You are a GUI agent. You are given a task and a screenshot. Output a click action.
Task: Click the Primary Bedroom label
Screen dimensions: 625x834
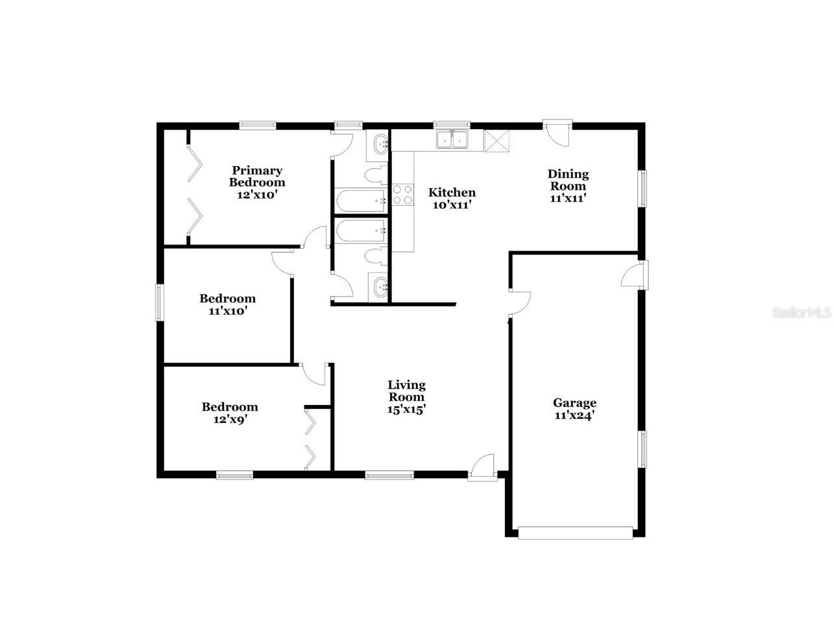coord(257,177)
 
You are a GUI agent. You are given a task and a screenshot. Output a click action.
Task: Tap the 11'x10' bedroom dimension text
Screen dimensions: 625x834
coord(227,310)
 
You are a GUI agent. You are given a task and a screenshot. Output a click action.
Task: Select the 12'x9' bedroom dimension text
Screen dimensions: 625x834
coord(229,419)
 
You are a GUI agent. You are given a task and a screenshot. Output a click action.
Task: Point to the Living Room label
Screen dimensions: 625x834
coord(407,391)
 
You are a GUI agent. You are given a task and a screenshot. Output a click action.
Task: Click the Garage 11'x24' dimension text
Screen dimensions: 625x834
coord(574,416)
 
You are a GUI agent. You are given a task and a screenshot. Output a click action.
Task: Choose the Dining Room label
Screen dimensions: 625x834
coord(568,180)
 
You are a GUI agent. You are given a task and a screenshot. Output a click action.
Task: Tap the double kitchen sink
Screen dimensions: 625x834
coord(452,140)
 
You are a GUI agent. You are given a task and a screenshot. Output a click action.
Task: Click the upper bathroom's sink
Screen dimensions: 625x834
coord(378,145)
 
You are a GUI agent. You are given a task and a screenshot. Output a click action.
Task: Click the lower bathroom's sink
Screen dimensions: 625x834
coord(379,286)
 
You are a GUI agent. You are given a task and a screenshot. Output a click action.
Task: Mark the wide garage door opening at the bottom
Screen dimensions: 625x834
coord(575,533)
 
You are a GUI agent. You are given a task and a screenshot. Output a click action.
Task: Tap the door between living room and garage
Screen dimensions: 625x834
coord(519,302)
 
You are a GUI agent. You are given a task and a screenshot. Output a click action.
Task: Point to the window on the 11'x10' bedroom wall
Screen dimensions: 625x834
coord(160,302)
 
